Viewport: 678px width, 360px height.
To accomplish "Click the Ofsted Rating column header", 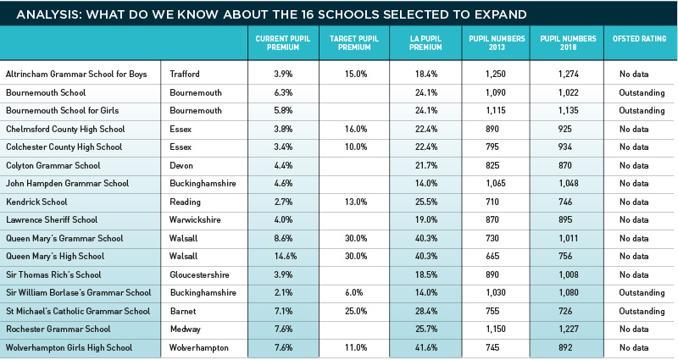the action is pos(639,39).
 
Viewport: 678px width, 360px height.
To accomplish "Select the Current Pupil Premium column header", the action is pos(283,43).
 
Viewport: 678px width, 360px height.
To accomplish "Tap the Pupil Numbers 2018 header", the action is pos(568,43).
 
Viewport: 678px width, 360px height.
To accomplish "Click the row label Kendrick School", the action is pos(36,202).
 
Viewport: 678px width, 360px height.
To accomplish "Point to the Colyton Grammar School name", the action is pos(53,165).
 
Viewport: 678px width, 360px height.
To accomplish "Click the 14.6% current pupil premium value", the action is pos(286,257).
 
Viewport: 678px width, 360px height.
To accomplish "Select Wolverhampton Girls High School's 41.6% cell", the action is pos(426,347).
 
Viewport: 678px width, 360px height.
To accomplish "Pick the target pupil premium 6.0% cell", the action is pos(354,292).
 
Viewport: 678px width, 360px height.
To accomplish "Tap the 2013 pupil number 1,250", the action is pos(496,74).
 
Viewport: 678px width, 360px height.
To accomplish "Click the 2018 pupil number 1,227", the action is pos(568,329).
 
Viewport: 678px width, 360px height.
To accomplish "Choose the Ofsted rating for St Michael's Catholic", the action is pos(642,311).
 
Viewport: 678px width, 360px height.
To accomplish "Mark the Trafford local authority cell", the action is pos(185,74).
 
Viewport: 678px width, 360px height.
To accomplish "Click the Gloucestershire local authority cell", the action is pos(199,274).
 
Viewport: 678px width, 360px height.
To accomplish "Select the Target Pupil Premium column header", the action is pos(354,43).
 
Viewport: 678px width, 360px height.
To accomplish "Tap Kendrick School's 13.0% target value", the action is pos(356,202).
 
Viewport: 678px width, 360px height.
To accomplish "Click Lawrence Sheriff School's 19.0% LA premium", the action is pos(426,219).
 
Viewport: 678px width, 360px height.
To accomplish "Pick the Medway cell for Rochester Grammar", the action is pos(185,329).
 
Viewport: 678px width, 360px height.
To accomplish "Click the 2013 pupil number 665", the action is pos(492,257).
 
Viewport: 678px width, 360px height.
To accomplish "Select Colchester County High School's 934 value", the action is pos(565,147).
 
